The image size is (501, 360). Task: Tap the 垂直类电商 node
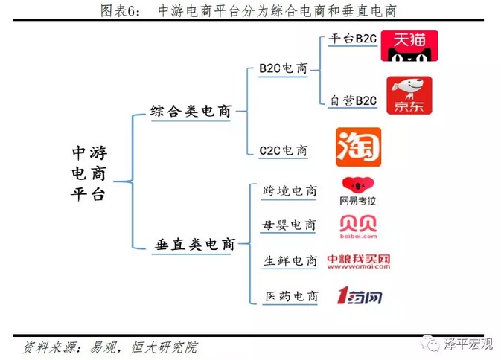point(194,244)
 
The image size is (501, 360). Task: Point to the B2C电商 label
point(283,68)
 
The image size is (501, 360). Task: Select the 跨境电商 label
point(290,191)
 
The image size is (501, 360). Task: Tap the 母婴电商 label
point(290,225)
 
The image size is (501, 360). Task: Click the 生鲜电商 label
point(290,261)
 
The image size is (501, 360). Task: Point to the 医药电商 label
point(290,297)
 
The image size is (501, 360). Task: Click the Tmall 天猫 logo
point(409,45)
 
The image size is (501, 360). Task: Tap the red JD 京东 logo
point(409,94)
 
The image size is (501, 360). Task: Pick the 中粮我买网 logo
point(359,261)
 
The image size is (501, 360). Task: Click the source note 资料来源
point(111,346)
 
